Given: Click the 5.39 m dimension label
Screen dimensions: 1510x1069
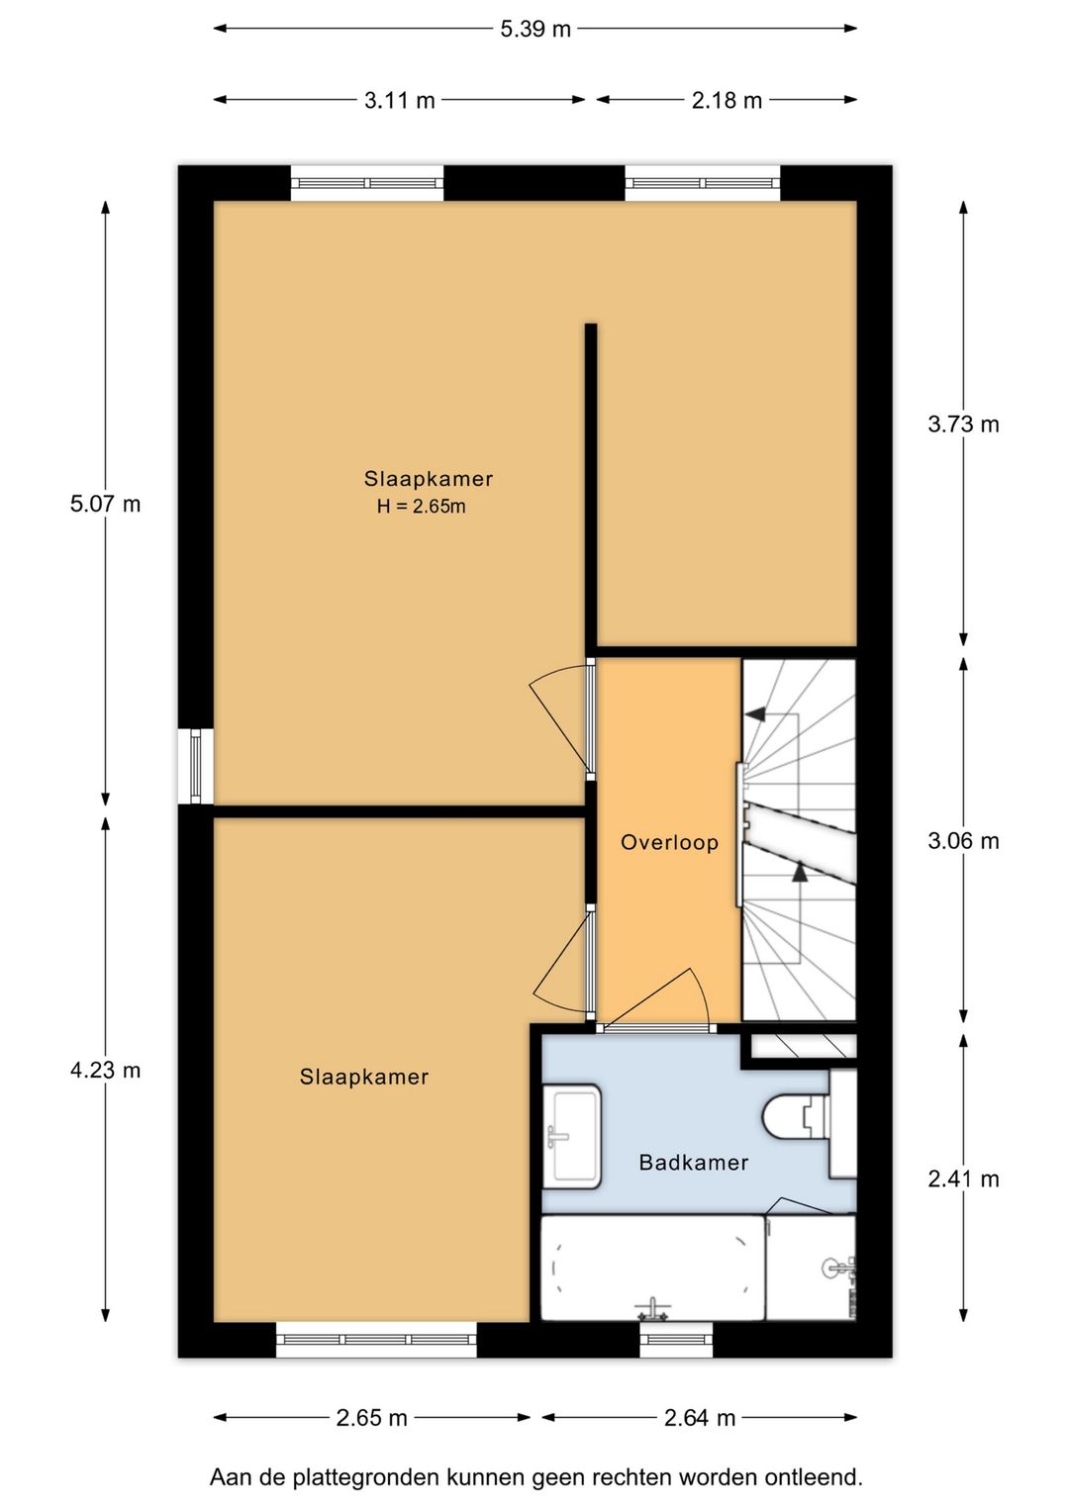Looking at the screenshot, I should [x=534, y=29].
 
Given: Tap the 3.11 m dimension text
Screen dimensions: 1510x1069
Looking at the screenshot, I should [x=399, y=100].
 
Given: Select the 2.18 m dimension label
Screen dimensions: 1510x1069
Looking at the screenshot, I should [x=727, y=100].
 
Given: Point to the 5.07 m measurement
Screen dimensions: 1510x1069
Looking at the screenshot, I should [x=105, y=504].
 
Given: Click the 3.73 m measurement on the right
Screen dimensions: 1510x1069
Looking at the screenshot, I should [x=962, y=425].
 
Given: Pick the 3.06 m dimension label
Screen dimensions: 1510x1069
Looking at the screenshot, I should [x=962, y=841].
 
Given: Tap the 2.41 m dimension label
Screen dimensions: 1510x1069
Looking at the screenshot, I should [x=962, y=1179].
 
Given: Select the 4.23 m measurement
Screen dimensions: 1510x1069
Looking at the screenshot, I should [x=105, y=1070].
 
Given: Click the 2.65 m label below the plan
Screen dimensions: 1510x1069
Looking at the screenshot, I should [x=371, y=1418].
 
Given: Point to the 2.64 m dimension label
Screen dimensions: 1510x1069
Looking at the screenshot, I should [x=699, y=1418].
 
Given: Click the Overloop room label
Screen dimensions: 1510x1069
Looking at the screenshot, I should [x=669, y=843].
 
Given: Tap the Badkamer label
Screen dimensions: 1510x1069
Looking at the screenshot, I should [x=693, y=1163].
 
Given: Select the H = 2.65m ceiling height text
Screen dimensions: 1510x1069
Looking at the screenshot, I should [x=421, y=507].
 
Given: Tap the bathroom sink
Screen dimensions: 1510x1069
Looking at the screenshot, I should [x=572, y=1136].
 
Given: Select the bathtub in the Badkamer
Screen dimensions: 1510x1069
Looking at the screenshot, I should [x=651, y=1269].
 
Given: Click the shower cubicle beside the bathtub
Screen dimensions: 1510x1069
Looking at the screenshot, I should [x=812, y=1267].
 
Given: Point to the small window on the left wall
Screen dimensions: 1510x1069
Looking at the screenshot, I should [x=196, y=766].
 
